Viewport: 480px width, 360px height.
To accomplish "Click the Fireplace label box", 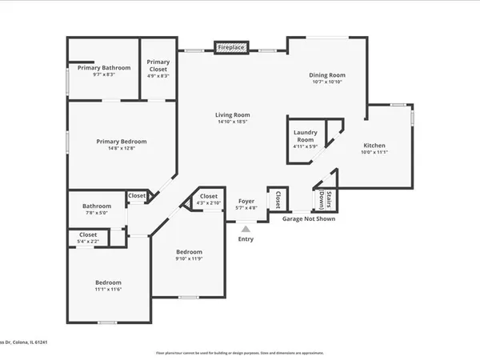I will click(232, 48).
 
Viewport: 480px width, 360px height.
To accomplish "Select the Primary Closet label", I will click(158, 66).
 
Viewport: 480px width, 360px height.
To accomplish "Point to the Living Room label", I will click(233, 115).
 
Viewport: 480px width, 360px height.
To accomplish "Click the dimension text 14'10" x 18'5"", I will click(233, 122).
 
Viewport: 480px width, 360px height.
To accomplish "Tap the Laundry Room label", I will click(306, 135).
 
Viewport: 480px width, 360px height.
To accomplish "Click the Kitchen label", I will click(374, 146).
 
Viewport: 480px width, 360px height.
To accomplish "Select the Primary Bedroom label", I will click(122, 142).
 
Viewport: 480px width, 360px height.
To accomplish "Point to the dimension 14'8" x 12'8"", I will click(122, 149).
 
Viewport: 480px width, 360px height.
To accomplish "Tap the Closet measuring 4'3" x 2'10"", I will click(209, 196).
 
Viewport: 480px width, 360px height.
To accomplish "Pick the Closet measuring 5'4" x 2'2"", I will click(88, 234).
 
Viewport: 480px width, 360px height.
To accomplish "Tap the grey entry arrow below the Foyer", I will click(246, 229).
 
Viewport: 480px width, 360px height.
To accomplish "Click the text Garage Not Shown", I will click(309, 218).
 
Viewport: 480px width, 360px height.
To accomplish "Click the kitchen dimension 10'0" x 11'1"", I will click(374, 153).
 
